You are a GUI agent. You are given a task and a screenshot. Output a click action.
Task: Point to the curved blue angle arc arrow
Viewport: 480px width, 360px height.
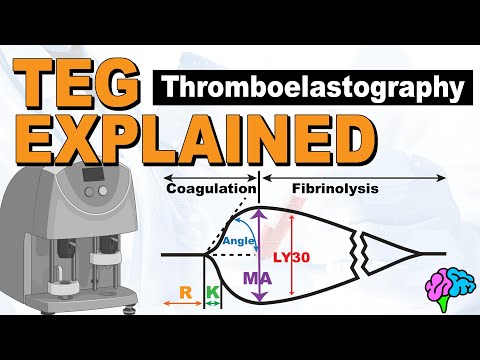[x=221, y=237]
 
